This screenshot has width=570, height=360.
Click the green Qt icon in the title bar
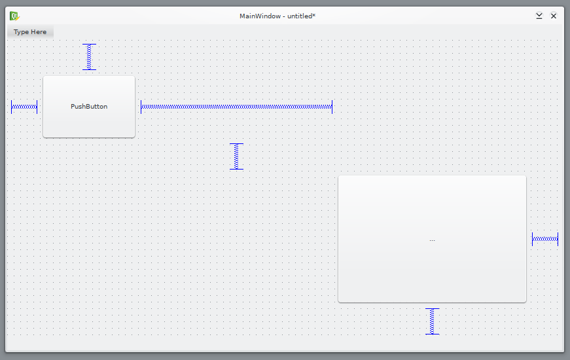(14, 16)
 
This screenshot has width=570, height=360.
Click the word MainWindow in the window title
(260, 16)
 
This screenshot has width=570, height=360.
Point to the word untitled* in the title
(301, 16)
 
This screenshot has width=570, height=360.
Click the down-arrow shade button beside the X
(539, 16)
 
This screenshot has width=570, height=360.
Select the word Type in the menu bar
(21, 32)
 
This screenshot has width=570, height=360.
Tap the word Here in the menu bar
(39, 32)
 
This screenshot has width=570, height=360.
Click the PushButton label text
(89, 107)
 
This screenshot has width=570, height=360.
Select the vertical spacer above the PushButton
(89, 57)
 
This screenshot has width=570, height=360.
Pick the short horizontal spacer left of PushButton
(24, 107)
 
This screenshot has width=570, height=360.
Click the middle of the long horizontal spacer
(237, 107)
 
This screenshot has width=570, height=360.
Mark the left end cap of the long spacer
(141, 107)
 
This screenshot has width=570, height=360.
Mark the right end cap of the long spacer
(332, 107)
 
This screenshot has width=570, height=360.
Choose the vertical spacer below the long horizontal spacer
(236, 156)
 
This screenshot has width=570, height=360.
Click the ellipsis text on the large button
(432, 240)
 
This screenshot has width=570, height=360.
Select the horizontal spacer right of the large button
(545, 239)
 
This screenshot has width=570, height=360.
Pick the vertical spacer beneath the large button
(432, 321)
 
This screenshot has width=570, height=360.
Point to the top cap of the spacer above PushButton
(89, 45)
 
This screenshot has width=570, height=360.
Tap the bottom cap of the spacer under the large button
(432, 334)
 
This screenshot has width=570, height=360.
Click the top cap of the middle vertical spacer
(236, 144)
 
